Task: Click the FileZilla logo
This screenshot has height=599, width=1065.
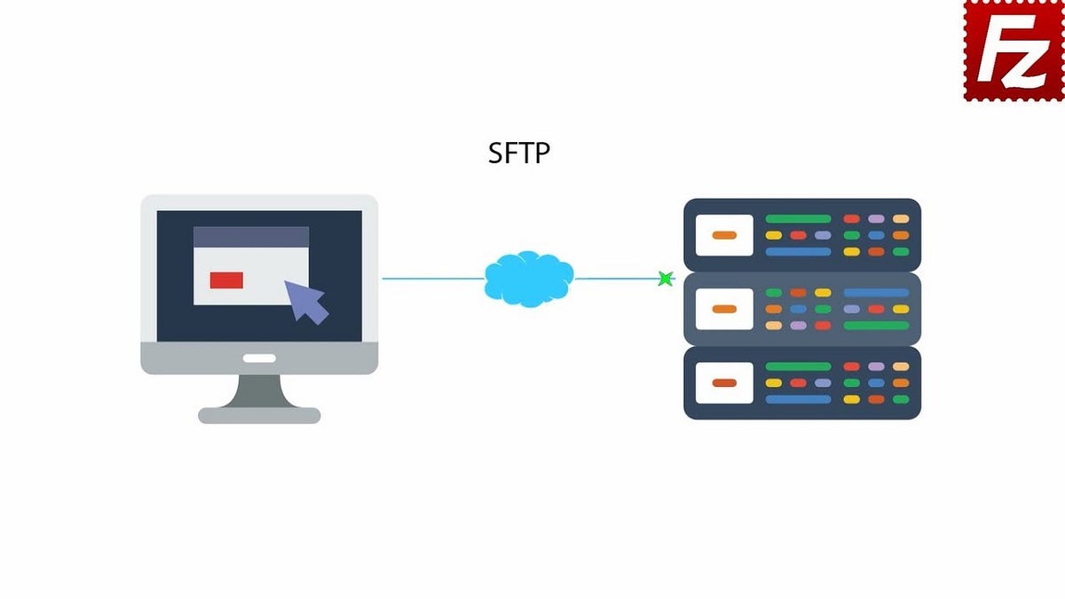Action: pos(1014,50)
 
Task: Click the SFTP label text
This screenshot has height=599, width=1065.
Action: pos(519,154)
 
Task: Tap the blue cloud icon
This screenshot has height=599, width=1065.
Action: pos(529,279)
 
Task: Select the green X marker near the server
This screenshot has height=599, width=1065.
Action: pos(665,279)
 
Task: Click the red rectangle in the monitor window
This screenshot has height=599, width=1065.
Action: pos(226,280)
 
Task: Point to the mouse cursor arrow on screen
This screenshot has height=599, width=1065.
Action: pos(306,301)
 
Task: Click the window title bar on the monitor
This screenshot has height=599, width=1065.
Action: pos(251,237)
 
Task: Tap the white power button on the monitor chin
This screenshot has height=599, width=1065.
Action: pos(259,359)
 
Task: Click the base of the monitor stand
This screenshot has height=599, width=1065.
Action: pos(259,414)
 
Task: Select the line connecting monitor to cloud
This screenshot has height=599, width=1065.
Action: pos(433,279)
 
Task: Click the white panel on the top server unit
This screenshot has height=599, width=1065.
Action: pos(724,235)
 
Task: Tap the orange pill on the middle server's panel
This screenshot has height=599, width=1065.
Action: pos(724,309)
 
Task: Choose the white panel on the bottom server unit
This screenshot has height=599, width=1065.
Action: pos(724,382)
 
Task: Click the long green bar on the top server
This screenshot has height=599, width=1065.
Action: pos(798,218)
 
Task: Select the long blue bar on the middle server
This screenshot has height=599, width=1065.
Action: pos(876,292)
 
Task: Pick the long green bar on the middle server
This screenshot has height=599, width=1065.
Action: pos(876,326)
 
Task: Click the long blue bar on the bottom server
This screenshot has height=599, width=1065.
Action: pos(798,399)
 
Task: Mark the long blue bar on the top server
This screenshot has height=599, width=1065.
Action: pos(798,252)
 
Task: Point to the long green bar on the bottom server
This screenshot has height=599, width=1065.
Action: pos(798,366)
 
